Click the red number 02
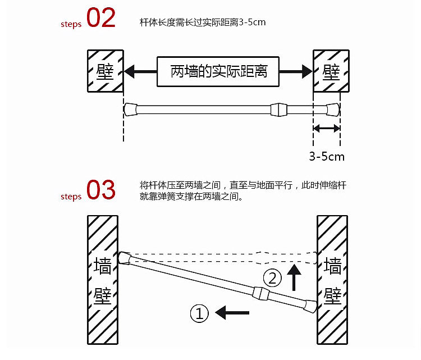coord(101,19)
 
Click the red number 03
coord(101,190)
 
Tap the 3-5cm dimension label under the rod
coord(327,156)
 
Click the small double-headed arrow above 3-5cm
coord(327,129)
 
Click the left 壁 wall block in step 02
coord(104,71)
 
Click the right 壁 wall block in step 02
coord(331,71)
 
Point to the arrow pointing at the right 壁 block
coord(295,71)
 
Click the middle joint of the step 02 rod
coord(279,109)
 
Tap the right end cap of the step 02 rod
coord(333,109)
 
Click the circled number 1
coord(200,313)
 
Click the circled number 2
coord(272,277)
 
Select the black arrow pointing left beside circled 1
coord(228,312)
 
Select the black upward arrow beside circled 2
coord(292,277)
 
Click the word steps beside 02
coord(71,24)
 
